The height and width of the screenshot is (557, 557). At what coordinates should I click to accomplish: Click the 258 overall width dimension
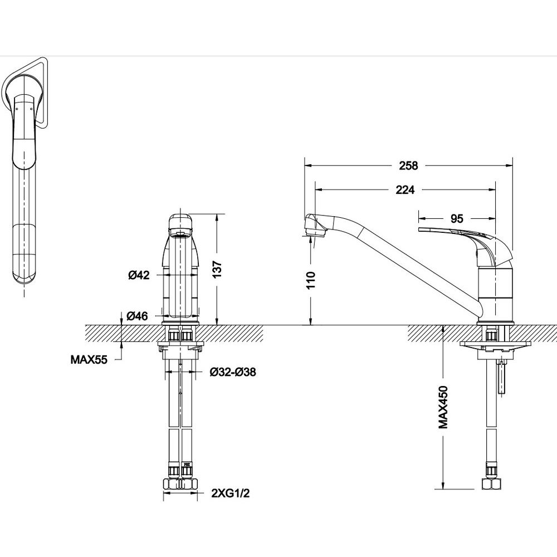coord(408,165)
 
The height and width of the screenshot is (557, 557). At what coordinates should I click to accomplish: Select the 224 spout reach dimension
coord(405,190)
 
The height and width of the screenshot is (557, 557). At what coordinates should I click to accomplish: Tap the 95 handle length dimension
coord(457,219)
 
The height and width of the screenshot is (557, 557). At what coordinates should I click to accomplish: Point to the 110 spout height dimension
coord(311,280)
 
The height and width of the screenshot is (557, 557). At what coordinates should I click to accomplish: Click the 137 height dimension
coord(217,269)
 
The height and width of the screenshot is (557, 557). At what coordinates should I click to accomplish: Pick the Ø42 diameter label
coord(139,275)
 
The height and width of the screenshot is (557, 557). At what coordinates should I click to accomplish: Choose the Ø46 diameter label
coord(138,315)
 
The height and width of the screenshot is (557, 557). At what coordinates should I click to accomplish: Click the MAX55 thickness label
coord(89,360)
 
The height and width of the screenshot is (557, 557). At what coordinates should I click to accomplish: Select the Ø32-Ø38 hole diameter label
coord(233,372)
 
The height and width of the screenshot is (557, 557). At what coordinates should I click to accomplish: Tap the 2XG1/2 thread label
coord(230,493)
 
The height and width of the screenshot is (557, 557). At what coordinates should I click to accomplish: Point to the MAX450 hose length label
coord(443,407)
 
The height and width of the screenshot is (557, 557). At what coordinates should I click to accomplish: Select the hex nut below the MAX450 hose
coord(491,484)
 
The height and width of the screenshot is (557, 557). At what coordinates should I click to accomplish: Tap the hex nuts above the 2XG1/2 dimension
coord(180,484)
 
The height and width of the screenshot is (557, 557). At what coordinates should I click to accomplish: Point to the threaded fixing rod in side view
coord(502,377)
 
